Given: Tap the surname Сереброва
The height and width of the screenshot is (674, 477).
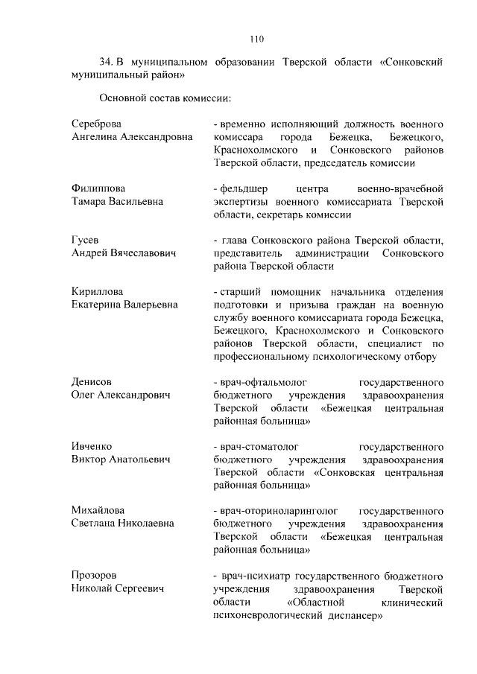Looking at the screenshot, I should [96, 124].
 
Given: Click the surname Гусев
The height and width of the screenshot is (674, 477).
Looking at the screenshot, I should [85, 240].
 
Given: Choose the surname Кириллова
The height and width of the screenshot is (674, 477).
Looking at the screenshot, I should [98, 291].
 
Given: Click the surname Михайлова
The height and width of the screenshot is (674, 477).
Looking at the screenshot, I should [97, 510].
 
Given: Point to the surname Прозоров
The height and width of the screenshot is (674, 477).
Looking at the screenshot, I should [94, 576].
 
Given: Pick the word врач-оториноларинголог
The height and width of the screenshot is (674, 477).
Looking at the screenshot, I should [275, 510].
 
